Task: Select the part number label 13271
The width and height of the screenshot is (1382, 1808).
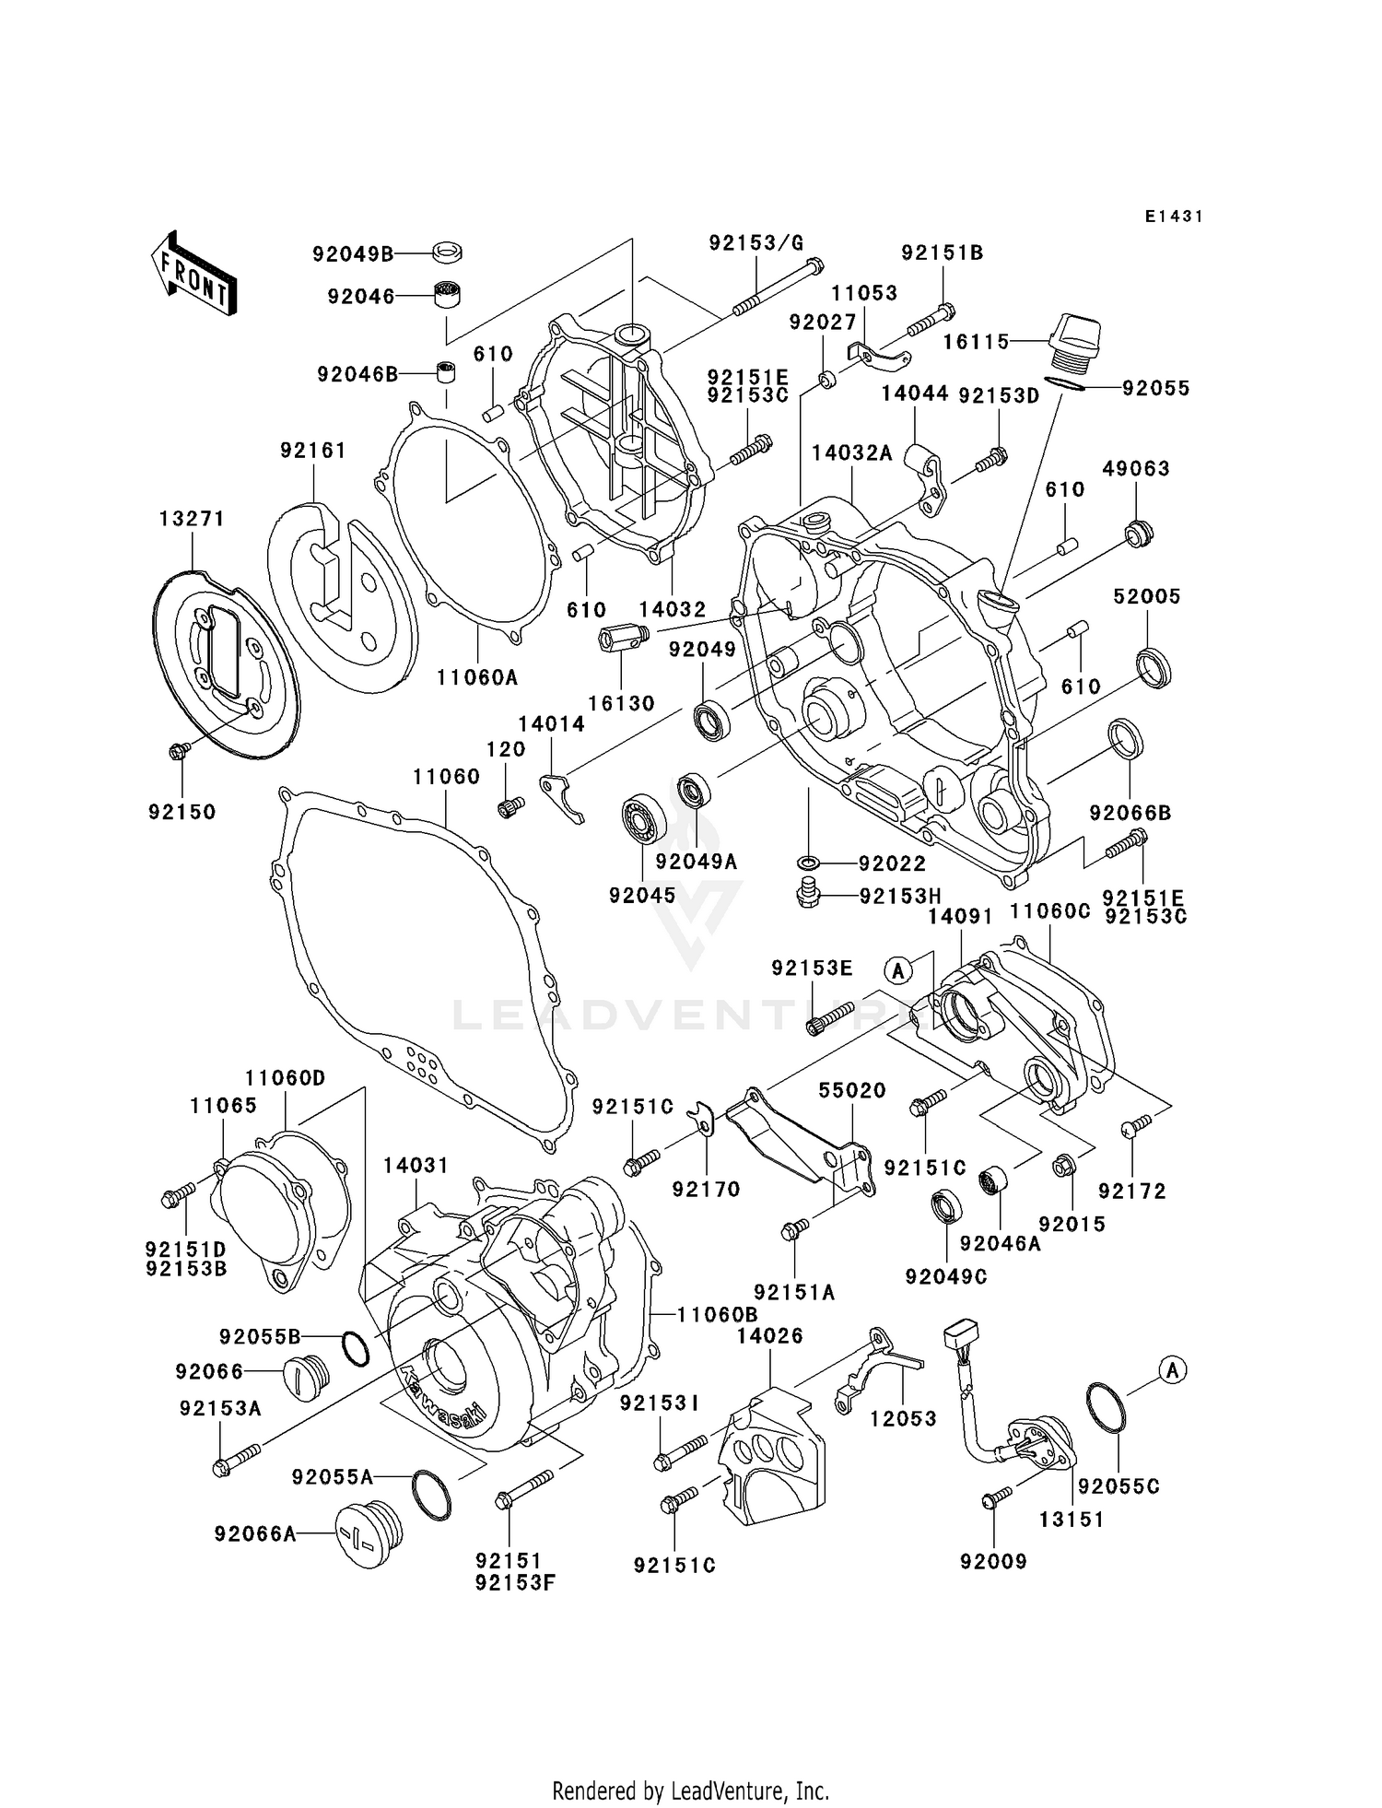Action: point(192,519)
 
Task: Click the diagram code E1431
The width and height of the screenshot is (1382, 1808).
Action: point(1174,217)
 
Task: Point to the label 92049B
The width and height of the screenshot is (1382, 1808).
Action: point(353,253)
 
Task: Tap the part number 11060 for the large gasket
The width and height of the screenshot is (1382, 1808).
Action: point(446,777)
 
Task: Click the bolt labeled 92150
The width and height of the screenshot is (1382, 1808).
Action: point(179,751)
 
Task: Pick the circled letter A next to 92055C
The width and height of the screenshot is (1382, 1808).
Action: point(1172,1370)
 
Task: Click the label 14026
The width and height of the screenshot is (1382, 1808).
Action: point(770,1335)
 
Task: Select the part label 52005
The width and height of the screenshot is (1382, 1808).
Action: point(1146,596)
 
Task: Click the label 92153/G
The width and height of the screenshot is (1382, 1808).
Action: point(756,242)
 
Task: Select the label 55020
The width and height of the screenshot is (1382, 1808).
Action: point(852,1090)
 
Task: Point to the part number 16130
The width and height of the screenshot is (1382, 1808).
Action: point(621,703)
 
